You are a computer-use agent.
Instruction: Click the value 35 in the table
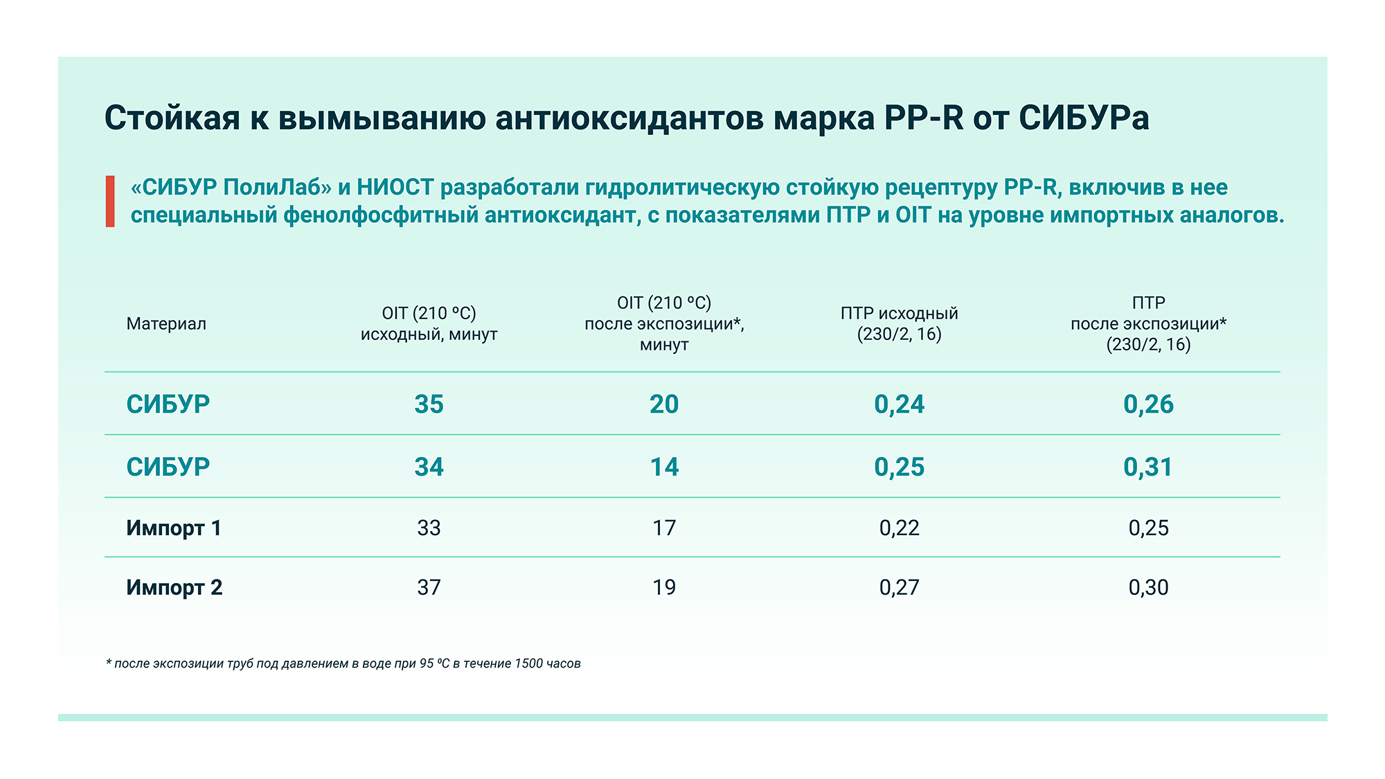click(429, 404)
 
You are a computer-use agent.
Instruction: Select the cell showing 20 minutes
click(664, 404)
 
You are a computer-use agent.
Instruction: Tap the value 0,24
click(899, 404)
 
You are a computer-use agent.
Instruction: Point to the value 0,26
click(1148, 404)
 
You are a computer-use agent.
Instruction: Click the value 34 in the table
click(429, 467)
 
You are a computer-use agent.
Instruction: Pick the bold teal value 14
click(664, 467)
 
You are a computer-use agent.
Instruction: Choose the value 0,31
click(1148, 467)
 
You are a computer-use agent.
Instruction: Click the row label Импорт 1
click(173, 528)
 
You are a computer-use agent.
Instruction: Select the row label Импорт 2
click(174, 588)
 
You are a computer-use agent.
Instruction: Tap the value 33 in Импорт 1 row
click(429, 528)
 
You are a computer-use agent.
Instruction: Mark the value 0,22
click(899, 528)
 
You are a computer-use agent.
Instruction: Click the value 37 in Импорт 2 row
click(429, 588)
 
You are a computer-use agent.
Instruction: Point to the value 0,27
click(899, 588)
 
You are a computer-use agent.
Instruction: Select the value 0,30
click(1148, 588)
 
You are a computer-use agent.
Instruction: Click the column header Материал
click(166, 324)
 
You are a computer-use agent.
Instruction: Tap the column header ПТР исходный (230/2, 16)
click(899, 324)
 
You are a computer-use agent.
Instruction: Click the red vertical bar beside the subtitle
click(110, 202)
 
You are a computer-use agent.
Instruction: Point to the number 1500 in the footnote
click(528, 663)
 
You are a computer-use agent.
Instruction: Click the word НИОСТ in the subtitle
click(395, 188)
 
